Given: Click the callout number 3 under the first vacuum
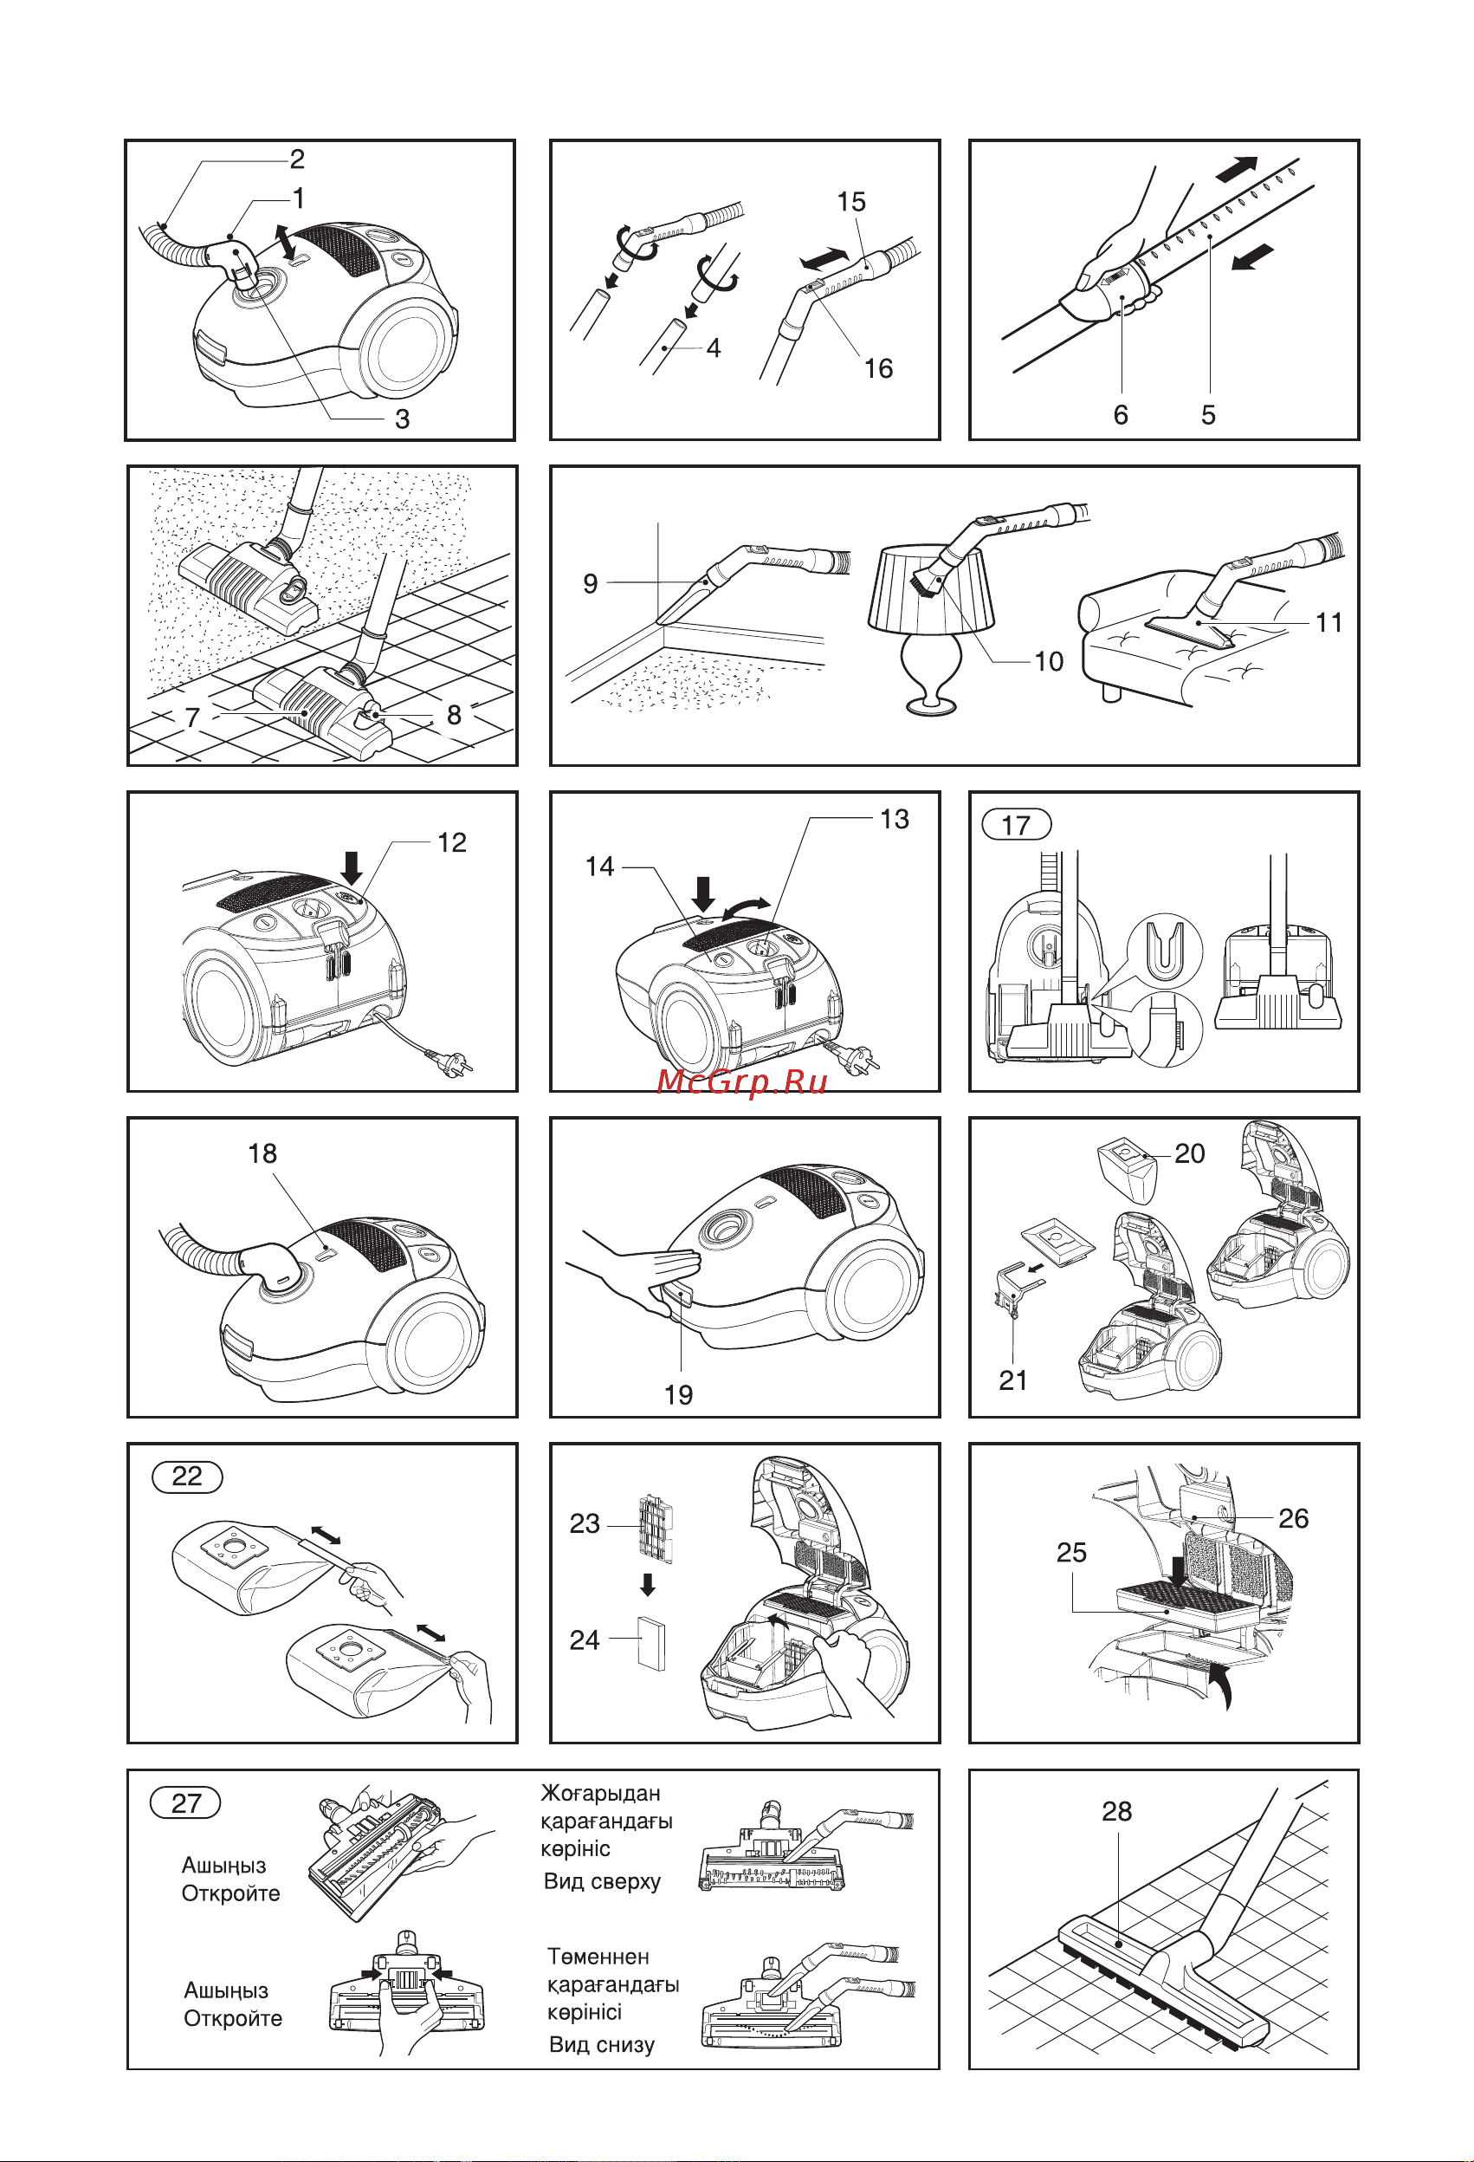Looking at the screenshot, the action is [402, 419].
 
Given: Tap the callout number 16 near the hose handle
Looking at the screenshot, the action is [878, 368].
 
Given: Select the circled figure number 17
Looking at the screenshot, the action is [1017, 824].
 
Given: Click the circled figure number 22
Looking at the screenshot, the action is [187, 1477].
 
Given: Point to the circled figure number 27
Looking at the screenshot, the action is [186, 1803].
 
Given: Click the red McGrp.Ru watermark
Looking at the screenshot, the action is [741, 1081].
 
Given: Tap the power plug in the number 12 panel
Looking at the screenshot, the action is [451, 1061].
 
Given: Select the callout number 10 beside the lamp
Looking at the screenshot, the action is [1049, 661].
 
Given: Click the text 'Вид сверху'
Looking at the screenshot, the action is [602, 1881].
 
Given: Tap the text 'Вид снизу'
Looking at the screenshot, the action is [602, 2044].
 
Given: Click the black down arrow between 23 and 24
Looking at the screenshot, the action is [648, 1584].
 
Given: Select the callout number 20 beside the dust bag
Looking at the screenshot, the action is [1189, 1153].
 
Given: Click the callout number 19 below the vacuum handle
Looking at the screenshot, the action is [678, 1394].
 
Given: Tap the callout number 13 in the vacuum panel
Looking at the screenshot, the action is [894, 819].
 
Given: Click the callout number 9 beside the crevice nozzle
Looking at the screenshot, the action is [590, 583].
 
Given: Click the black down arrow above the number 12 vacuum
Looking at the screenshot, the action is [352, 868].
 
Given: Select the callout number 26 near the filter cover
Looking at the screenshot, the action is [1294, 1518].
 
